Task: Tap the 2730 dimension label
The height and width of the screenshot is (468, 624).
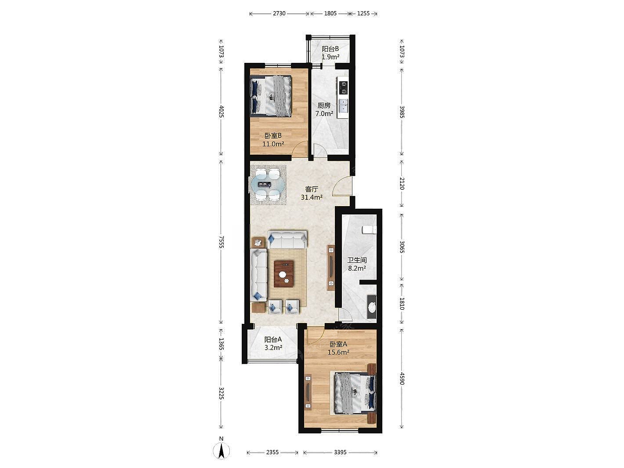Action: point(279,13)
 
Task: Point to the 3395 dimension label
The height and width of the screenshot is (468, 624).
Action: point(340,452)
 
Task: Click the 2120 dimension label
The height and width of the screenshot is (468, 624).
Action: point(402,183)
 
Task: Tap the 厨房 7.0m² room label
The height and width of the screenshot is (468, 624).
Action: point(324,110)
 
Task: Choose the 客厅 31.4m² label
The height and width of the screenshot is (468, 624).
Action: point(312,193)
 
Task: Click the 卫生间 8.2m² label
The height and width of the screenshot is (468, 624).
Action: point(357,264)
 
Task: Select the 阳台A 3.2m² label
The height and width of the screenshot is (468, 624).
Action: point(273,343)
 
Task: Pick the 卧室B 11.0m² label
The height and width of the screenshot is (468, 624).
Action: point(273,140)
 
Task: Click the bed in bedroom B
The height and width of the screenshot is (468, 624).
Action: point(271,96)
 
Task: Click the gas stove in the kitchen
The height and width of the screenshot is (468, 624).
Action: point(343,87)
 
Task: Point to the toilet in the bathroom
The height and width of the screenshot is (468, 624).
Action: point(369,229)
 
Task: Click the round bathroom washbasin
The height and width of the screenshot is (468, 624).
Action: point(371,307)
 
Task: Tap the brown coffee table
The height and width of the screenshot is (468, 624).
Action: point(85,274)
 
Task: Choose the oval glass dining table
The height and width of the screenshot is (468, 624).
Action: point(68,185)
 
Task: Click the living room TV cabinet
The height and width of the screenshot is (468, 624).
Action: point(331,267)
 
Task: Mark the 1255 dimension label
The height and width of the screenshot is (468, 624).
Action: point(363,13)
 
